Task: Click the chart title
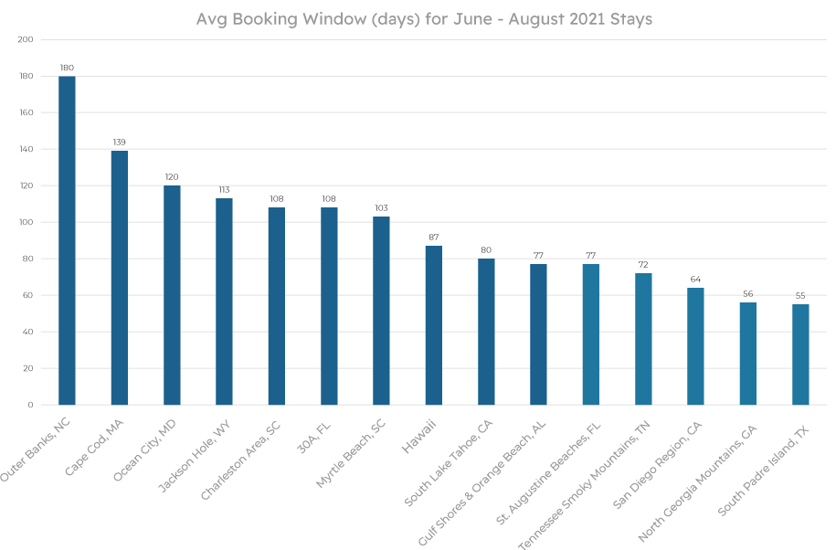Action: pyautogui.click(x=424, y=19)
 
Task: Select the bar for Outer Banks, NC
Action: pyautogui.click(x=67, y=240)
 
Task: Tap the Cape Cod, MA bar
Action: pyautogui.click(x=120, y=278)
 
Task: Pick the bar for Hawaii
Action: pyautogui.click(x=434, y=325)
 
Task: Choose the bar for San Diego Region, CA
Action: pyautogui.click(x=695, y=346)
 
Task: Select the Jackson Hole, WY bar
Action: pyautogui.click(x=224, y=301)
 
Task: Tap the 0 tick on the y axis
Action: pyautogui.click(x=29, y=405)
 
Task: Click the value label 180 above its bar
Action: pyautogui.click(x=67, y=68)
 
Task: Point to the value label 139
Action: pyautogui.click(x=120, y=143)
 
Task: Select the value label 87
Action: pyautogui.click(x=434, y=238)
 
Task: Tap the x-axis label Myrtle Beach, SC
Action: pyautogui.click(x=350, y=450)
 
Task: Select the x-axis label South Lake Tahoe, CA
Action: pyautogui.click(x=449, y=455)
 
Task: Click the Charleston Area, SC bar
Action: pyautogui.click(x=277, y=306)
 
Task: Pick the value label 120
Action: pyautogui.click(x=172, y=177)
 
